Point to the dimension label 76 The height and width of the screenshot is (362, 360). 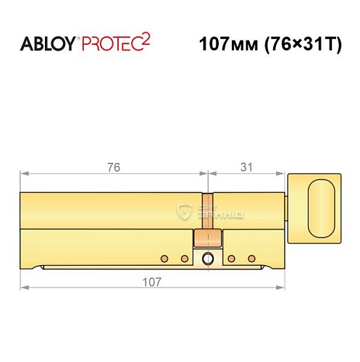(112, 167)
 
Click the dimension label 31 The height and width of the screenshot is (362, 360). (247, 167)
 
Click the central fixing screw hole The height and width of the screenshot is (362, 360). (209, 259)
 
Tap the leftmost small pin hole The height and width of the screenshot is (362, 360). (164, 258)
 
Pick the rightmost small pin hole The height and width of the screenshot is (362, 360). (252, 258)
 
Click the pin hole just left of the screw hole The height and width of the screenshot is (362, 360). (185, 258)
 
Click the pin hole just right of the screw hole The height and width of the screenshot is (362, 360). (232, 258)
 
